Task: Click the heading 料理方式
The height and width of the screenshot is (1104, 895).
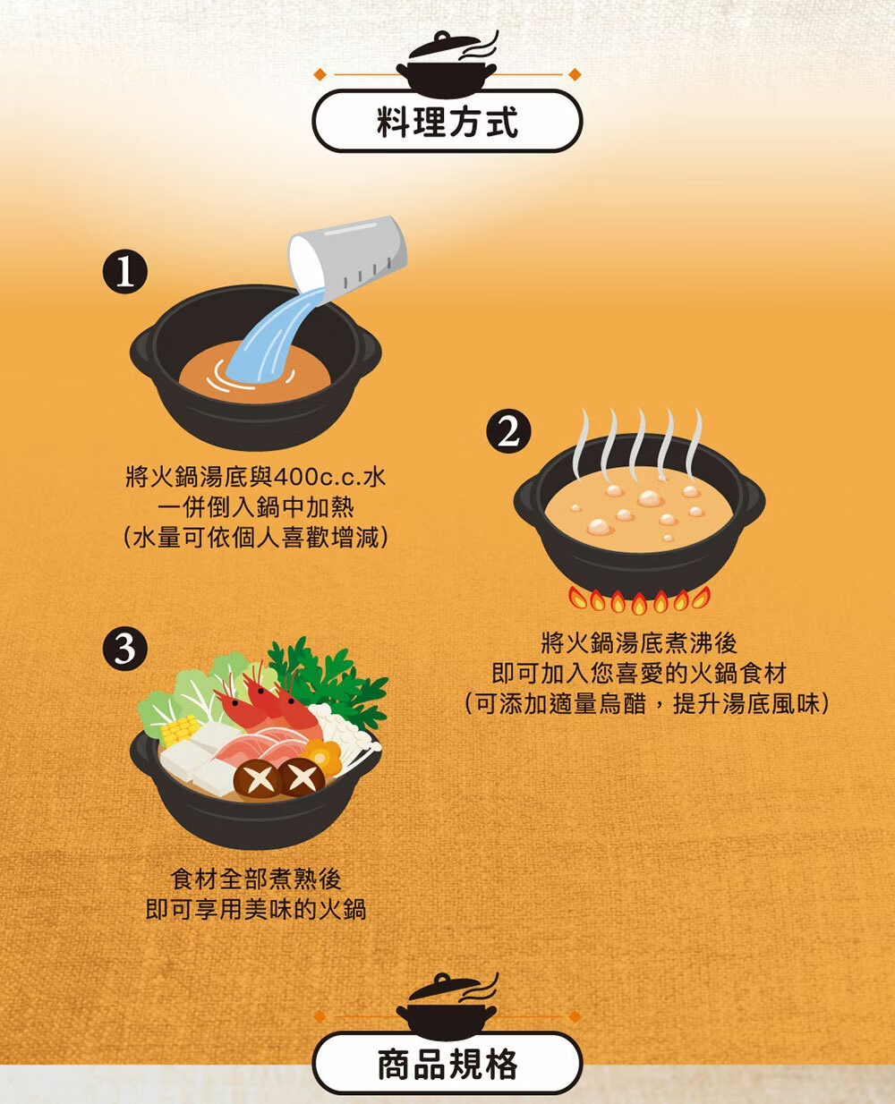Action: click(447, 122)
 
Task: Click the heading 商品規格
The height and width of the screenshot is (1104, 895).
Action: click(447, 1063)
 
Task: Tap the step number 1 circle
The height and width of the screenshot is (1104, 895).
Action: click(125, 272)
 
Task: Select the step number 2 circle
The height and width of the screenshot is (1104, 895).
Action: click(508, 431)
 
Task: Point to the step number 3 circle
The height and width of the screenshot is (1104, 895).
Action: click(125, 649)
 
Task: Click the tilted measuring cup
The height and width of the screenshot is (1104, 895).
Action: click(347, 253)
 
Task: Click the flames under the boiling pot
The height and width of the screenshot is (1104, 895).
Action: click(639, 599)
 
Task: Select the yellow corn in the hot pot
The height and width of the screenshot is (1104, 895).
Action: click(179, 730)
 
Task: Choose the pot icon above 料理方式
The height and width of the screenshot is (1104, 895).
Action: click(447, 64)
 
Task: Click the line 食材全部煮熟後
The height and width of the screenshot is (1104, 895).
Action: click(256, 879)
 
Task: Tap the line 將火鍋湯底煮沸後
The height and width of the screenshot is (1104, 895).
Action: click(639, 643)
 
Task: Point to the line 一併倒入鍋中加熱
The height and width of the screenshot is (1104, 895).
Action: click(256, 507)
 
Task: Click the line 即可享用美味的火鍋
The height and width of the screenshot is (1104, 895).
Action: click(256, 909)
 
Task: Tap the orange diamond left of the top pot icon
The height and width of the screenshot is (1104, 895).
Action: click(320, 74)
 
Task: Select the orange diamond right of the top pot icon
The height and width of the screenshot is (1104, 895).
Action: click(575, 74)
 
